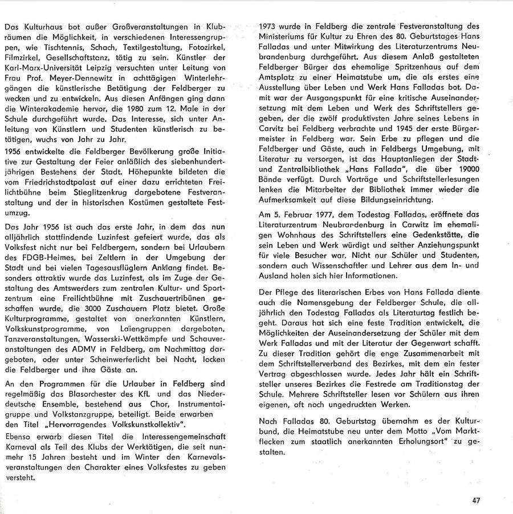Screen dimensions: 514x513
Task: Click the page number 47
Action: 477,500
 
